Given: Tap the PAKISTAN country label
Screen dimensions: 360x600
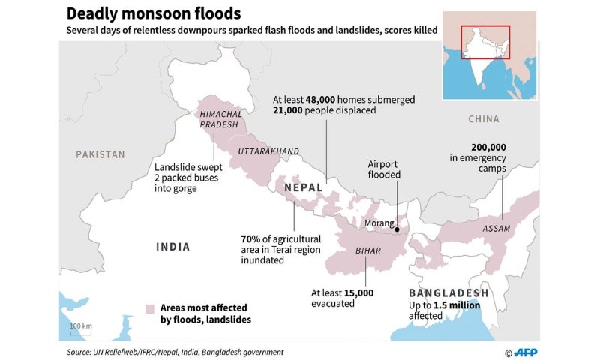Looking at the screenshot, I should pyautogui.click(x=100, y=154).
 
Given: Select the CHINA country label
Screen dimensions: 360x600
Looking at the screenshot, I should pyautogui.click(x=483, y=119).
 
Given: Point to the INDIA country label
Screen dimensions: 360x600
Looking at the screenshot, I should pyautogui.click(x=172, y=247).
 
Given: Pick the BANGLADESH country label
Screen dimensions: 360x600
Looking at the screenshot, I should pyautogui.click(x=448, y=292).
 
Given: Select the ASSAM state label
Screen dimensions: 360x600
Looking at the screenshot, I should pyautogui.click(x=496, y=228).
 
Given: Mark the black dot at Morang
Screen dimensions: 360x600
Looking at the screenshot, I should pyautogui.click(x=399, y=231).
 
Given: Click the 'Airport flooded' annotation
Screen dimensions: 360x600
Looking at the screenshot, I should pyautogui.click(x=385, y=169).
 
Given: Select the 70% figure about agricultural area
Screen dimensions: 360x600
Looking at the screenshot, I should pyautogui.click(x=250, y=238).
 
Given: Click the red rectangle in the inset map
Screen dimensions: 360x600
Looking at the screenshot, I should pyautogui.click(x=484, y=43).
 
